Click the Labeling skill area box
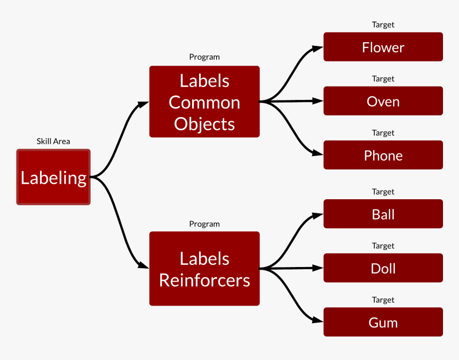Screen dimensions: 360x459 [x=53, y=177]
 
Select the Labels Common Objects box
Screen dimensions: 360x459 [x=204, y=101]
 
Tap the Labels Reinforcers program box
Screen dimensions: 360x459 [x=204, y=269]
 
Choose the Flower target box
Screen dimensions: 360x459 [x=383, y=47]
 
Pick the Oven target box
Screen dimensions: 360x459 [x=383, y=101]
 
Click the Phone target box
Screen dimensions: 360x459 [x=383, y=155]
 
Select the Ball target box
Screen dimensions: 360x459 [x=383, y=214]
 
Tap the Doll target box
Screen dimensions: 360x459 [x=383, y=268]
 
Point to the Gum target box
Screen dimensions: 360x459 [x=383, y=322]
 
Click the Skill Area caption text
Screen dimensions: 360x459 [x=53, y=142]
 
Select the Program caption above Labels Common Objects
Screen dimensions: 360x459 [x=204, y=57]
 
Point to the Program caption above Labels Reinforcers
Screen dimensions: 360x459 [x=204, y=224]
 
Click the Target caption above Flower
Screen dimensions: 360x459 [x=383, y=25]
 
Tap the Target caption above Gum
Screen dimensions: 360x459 [x=383, y=300]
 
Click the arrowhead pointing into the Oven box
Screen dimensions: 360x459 [x=318, y=101]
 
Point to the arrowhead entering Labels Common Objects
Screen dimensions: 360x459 [x=144, y=104]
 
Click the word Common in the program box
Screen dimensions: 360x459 [x=204, y=103]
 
